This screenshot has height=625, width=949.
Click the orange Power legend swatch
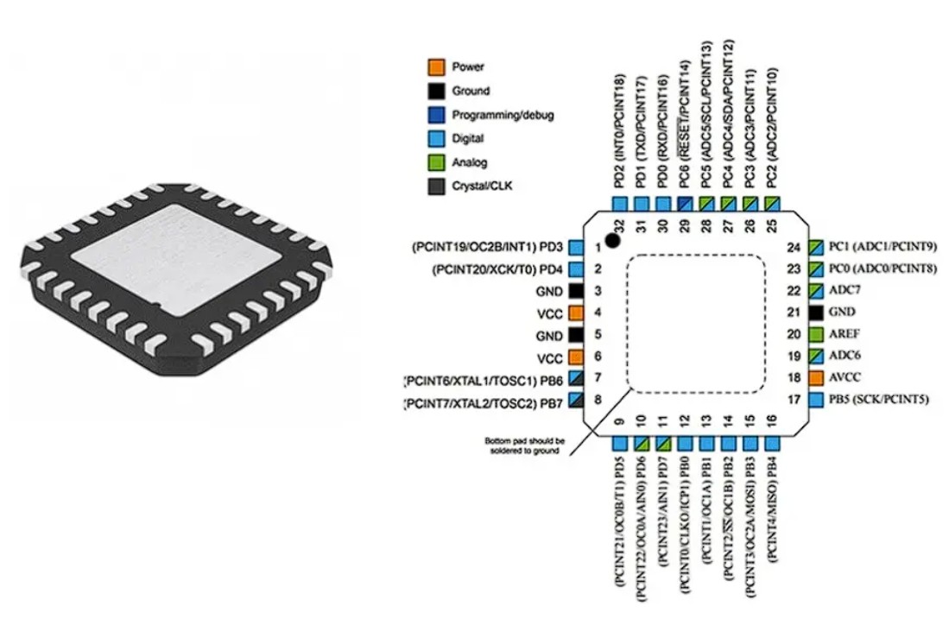[x=437, y=66]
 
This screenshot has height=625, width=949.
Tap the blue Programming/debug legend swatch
[x=437, y=114]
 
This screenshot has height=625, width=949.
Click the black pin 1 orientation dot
[x=612, y=240]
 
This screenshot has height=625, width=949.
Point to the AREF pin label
[x=845, y=333]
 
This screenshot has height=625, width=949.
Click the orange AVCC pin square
[x=816, y=377]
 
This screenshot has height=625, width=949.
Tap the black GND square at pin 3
[x=576, y=291]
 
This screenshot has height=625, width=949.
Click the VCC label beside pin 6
[x=551, y=357]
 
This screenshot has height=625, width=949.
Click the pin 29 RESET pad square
[x=684, y=204]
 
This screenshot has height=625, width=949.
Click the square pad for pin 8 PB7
[x=576, y=401]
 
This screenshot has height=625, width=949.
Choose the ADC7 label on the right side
[x=844, y=290]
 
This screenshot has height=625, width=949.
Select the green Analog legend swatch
[x=437, y=161]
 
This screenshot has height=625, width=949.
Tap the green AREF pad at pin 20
[x=816, y=333]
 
